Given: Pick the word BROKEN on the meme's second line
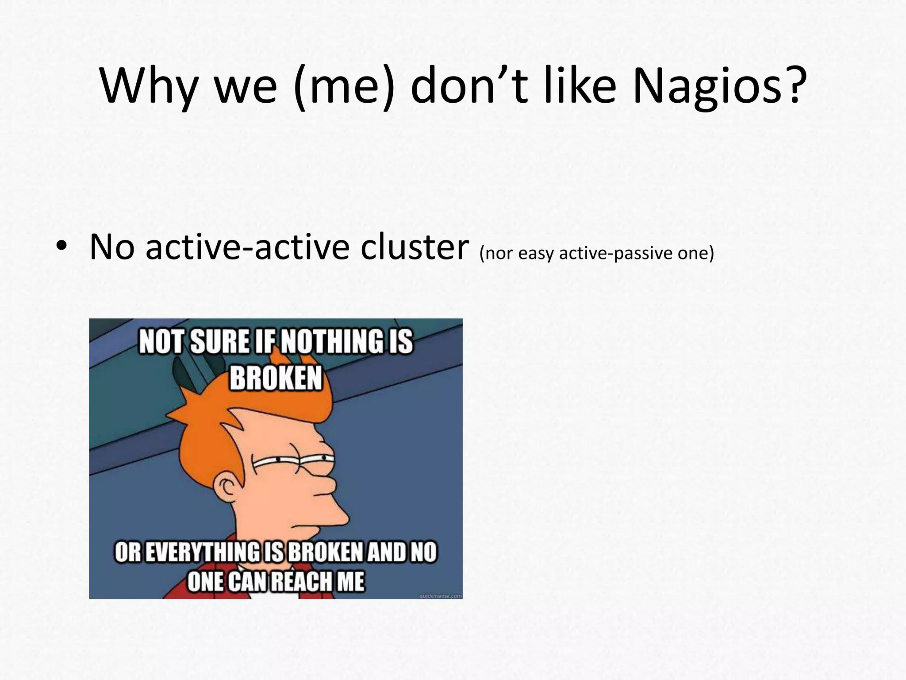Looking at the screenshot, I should tap(275, 379).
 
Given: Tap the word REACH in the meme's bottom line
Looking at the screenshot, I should tap(301, 581).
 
